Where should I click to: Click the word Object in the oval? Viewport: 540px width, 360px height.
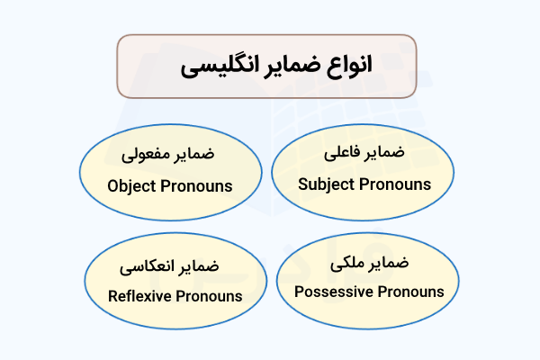131,186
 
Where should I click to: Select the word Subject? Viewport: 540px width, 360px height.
326,184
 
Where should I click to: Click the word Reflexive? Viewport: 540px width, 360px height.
139,295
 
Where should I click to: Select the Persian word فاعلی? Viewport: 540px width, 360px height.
344,154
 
